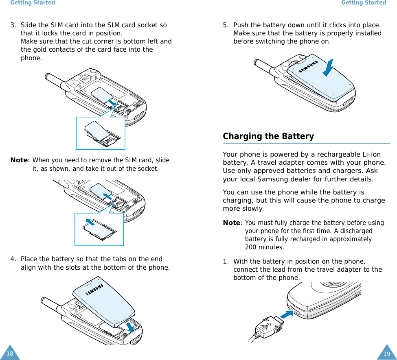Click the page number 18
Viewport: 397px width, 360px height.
pos(10,353)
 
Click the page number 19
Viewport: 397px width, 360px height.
pos(386,353)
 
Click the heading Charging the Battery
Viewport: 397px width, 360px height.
pos(268,136)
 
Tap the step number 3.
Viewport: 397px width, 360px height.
pos(13,25)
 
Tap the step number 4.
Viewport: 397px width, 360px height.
pos(13,259)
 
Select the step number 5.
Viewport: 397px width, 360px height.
pos(225,25)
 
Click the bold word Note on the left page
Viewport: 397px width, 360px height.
pos(19,160)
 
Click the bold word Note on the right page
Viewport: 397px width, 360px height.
pos(231,223)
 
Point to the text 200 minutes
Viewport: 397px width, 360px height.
pos(264,247)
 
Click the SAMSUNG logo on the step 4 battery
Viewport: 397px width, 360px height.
pos(94,290)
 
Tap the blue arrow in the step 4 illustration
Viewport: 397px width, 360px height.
pos(130,326)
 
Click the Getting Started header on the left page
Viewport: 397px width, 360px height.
pos(33,3)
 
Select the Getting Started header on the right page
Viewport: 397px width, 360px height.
pos(363,3)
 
